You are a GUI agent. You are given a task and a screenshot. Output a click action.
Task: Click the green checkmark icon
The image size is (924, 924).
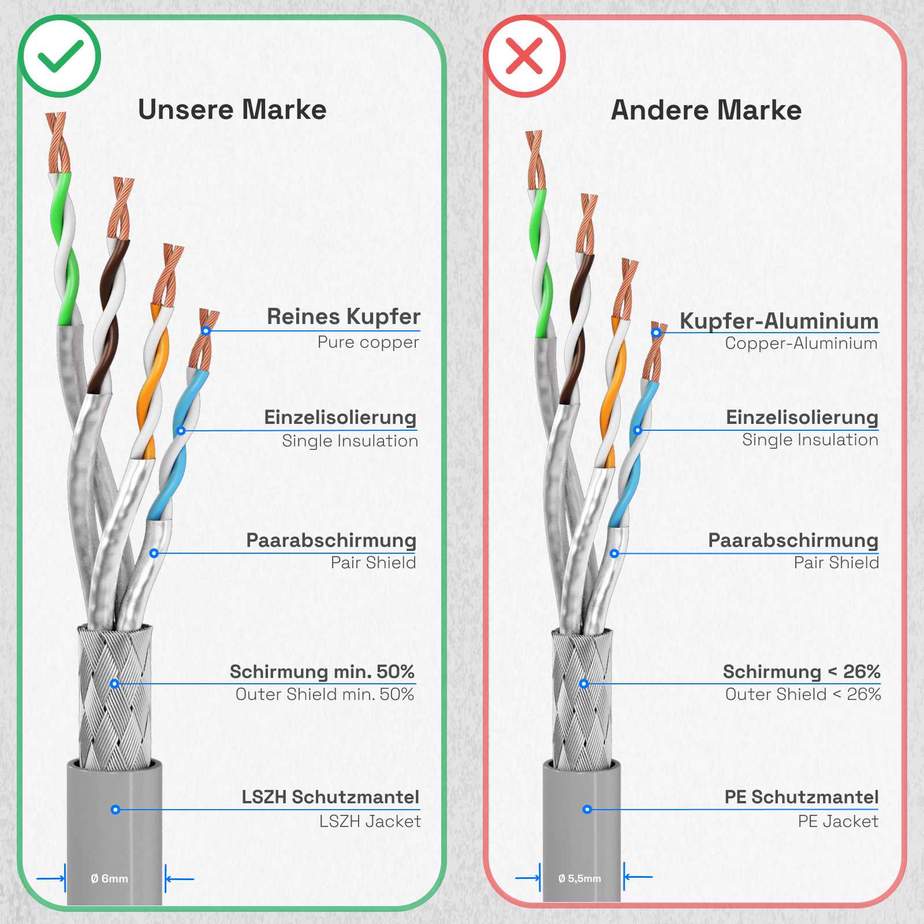[60, 57]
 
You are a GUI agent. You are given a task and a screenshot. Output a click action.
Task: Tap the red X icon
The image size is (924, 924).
[524, 56]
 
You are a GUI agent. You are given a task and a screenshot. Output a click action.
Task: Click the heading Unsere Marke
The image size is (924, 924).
[232, 110]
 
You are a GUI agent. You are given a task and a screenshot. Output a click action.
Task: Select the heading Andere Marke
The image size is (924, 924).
[706, 110]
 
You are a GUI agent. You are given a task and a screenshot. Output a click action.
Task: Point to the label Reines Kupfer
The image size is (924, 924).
[344, 316]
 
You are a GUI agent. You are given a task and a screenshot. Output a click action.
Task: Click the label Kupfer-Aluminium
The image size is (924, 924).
[779, 321]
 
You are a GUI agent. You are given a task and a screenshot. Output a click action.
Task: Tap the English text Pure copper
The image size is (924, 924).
[368, 342]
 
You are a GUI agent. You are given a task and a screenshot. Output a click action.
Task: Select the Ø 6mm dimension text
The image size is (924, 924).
[109, 878]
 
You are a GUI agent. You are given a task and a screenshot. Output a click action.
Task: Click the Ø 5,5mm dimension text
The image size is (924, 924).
[580, 878]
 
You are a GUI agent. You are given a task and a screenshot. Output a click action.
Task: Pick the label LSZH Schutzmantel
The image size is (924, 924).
[330, 797]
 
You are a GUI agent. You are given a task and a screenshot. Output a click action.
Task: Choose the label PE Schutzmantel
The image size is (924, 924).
[802, 797]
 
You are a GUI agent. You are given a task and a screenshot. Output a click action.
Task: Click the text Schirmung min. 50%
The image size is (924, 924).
[322, 672]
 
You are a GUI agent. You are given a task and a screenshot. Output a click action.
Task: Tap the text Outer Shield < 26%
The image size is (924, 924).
[803, 694]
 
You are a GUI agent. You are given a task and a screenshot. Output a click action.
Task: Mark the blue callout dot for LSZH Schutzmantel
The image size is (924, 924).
[115, 810]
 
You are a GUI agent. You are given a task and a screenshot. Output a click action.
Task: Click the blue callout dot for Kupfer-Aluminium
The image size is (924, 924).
[656, 333]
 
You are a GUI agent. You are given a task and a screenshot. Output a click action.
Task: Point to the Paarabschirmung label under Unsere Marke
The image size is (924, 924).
[331, 541]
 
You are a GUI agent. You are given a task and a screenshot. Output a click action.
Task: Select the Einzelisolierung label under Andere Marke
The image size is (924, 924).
[802, 417]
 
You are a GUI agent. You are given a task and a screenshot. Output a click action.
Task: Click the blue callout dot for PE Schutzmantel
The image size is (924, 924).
[587, 809]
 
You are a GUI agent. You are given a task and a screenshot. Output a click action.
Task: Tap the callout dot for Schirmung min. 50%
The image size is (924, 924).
[115, 684]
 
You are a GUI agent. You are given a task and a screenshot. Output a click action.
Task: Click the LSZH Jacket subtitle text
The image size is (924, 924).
[370, 821]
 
